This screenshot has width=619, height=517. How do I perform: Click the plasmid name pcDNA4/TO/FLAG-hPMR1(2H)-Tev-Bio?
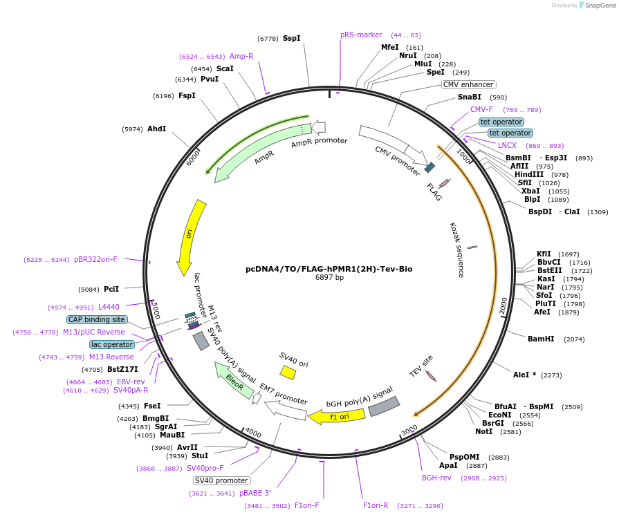tap(329, 269)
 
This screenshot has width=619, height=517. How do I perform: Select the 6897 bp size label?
tap(329, 278)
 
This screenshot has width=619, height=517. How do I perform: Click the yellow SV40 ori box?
tap(288, 373)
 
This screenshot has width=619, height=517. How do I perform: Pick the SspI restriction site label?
tap(292, 39)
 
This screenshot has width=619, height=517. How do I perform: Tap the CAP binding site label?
tap(97, 319)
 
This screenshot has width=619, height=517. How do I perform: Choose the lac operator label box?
tap(112, 344)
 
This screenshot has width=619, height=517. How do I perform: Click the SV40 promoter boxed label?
tap(221, 480)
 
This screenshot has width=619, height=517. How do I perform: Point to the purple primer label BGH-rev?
tap(436, 478)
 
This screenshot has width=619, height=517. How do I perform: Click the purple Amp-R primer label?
tap(241, 56)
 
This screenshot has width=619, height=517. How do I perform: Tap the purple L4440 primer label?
tap(109, 307)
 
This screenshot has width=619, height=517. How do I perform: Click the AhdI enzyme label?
tap(157, 129)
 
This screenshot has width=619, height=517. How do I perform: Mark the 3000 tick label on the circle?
tap(409, 429)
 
